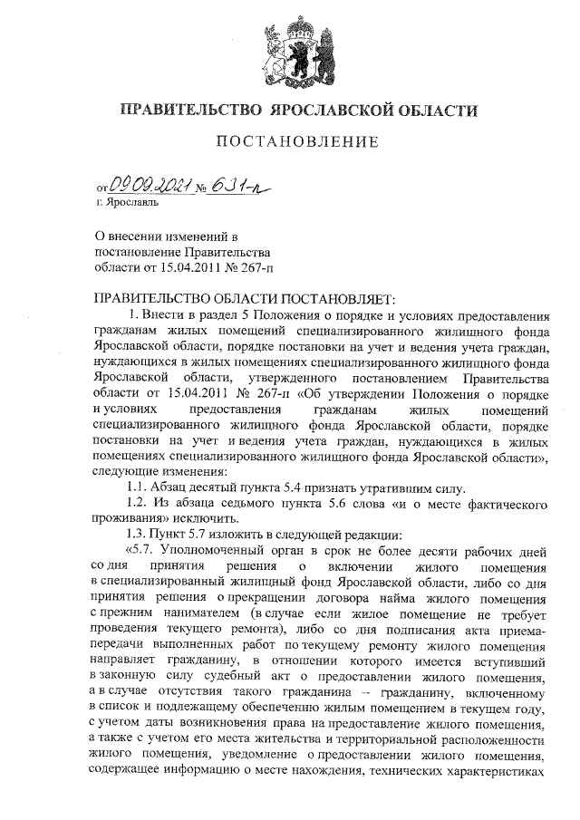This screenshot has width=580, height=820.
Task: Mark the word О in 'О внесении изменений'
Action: [101, 236]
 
